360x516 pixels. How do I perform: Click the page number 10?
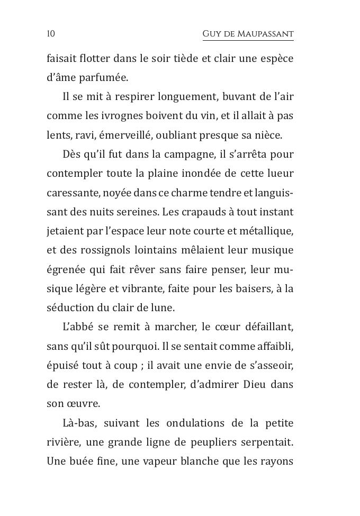51,34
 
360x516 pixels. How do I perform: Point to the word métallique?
268,231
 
